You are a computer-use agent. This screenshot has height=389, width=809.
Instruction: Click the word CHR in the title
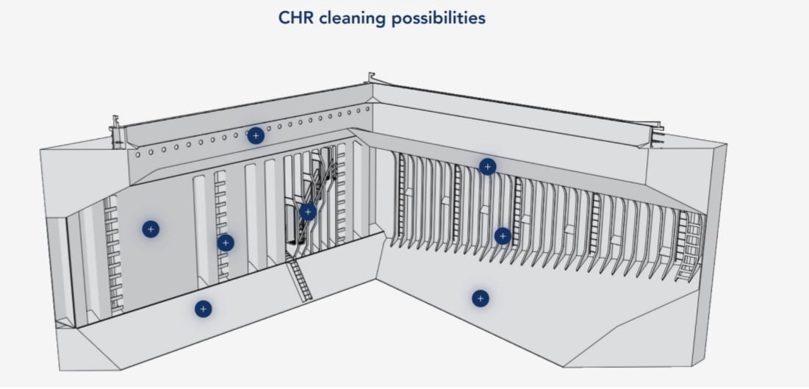(296, 18)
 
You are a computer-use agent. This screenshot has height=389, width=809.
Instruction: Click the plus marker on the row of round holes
(256, 135)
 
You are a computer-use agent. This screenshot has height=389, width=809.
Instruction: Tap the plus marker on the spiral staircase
(308, 212)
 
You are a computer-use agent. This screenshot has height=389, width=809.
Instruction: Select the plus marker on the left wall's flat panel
(151, 229)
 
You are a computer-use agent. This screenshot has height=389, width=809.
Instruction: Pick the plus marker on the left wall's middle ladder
(226, 243)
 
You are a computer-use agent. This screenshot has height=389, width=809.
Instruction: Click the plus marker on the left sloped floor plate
(204, 309)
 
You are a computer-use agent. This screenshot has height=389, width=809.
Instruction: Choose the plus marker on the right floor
(480, 299)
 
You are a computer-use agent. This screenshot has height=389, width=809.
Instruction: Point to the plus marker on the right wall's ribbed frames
(503, 236)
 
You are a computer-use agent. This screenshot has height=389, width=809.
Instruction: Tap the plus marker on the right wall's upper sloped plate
(487, 167)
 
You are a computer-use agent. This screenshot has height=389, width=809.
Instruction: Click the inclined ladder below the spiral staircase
(298, 278)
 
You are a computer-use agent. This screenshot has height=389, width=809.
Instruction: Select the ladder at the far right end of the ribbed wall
(688, 246)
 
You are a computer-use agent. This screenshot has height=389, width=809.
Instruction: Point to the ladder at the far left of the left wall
(112, 254)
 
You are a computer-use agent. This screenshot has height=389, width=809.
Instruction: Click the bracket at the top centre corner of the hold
(372, 78)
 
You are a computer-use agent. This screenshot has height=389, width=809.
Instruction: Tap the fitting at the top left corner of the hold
(115, 132)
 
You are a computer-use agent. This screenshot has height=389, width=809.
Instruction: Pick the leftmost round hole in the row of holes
(137, 154)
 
